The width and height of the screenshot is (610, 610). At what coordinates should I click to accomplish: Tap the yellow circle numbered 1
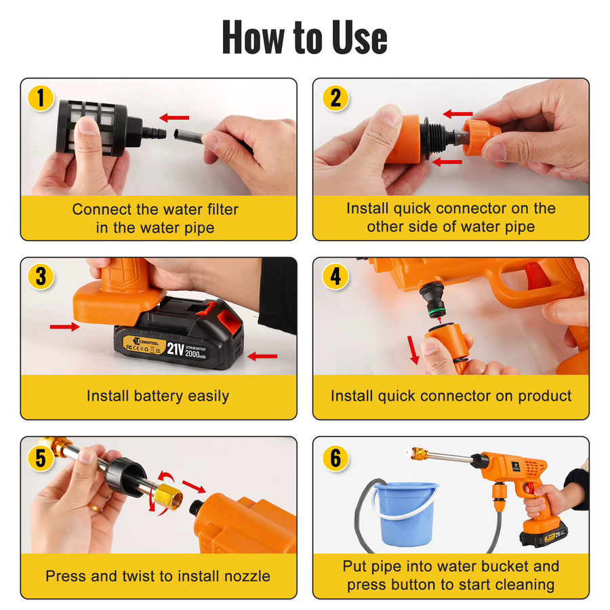tap(41, 98)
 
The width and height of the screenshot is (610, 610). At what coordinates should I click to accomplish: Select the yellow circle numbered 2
tap(335, 98)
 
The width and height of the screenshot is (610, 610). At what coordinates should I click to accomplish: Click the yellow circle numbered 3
tap(41, 277)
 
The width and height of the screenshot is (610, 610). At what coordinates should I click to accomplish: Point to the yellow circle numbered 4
tap(335, 277)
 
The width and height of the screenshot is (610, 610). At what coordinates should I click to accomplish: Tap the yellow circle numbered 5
tap(41, 458)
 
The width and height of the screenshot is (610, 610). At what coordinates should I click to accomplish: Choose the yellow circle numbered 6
tap(335, 458)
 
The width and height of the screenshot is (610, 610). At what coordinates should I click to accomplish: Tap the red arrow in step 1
tap(174, 117)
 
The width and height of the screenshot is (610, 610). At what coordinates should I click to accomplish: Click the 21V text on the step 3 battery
tap(175, 348)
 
